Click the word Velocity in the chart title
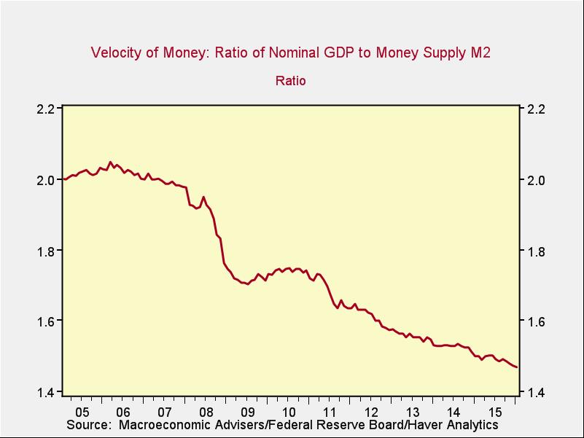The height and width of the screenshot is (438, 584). [x=117, y=53]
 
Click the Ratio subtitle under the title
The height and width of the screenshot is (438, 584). [x=290, y=81]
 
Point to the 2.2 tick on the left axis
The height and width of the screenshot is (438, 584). [x=46, y=109]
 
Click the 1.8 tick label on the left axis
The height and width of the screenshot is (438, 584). [x=46, y=251]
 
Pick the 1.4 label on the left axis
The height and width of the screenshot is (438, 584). [x=46, y=392]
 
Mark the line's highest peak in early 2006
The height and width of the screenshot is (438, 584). [x=110, y=162]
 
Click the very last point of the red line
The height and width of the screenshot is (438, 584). [x=517, y=367]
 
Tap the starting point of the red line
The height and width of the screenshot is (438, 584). [x=63, y=179]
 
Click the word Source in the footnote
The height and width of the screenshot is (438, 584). [x=87, y=425]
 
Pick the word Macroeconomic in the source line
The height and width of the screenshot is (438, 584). [x=161, y=425]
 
